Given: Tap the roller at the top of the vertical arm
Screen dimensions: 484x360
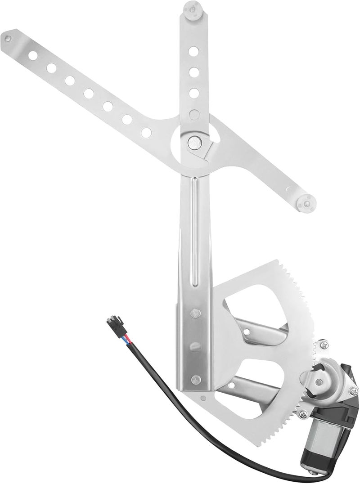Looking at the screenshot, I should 193,9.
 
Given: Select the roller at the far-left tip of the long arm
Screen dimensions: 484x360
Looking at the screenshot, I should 8,38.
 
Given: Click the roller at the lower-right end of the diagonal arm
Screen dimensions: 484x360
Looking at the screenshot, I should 307,204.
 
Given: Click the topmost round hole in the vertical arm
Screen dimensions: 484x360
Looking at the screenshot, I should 193,51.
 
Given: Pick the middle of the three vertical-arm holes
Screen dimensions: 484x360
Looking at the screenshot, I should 193,72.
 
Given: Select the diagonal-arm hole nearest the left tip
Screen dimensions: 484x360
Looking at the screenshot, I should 33,55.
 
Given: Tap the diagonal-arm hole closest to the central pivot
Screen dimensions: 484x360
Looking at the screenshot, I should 146,133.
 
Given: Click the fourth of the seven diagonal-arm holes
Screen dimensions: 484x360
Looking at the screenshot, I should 89,94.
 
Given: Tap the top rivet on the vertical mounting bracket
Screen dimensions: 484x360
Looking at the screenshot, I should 195,313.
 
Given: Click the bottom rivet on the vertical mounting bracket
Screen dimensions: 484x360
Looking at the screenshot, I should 195,380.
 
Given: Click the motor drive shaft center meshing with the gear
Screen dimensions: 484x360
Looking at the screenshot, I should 319,382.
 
